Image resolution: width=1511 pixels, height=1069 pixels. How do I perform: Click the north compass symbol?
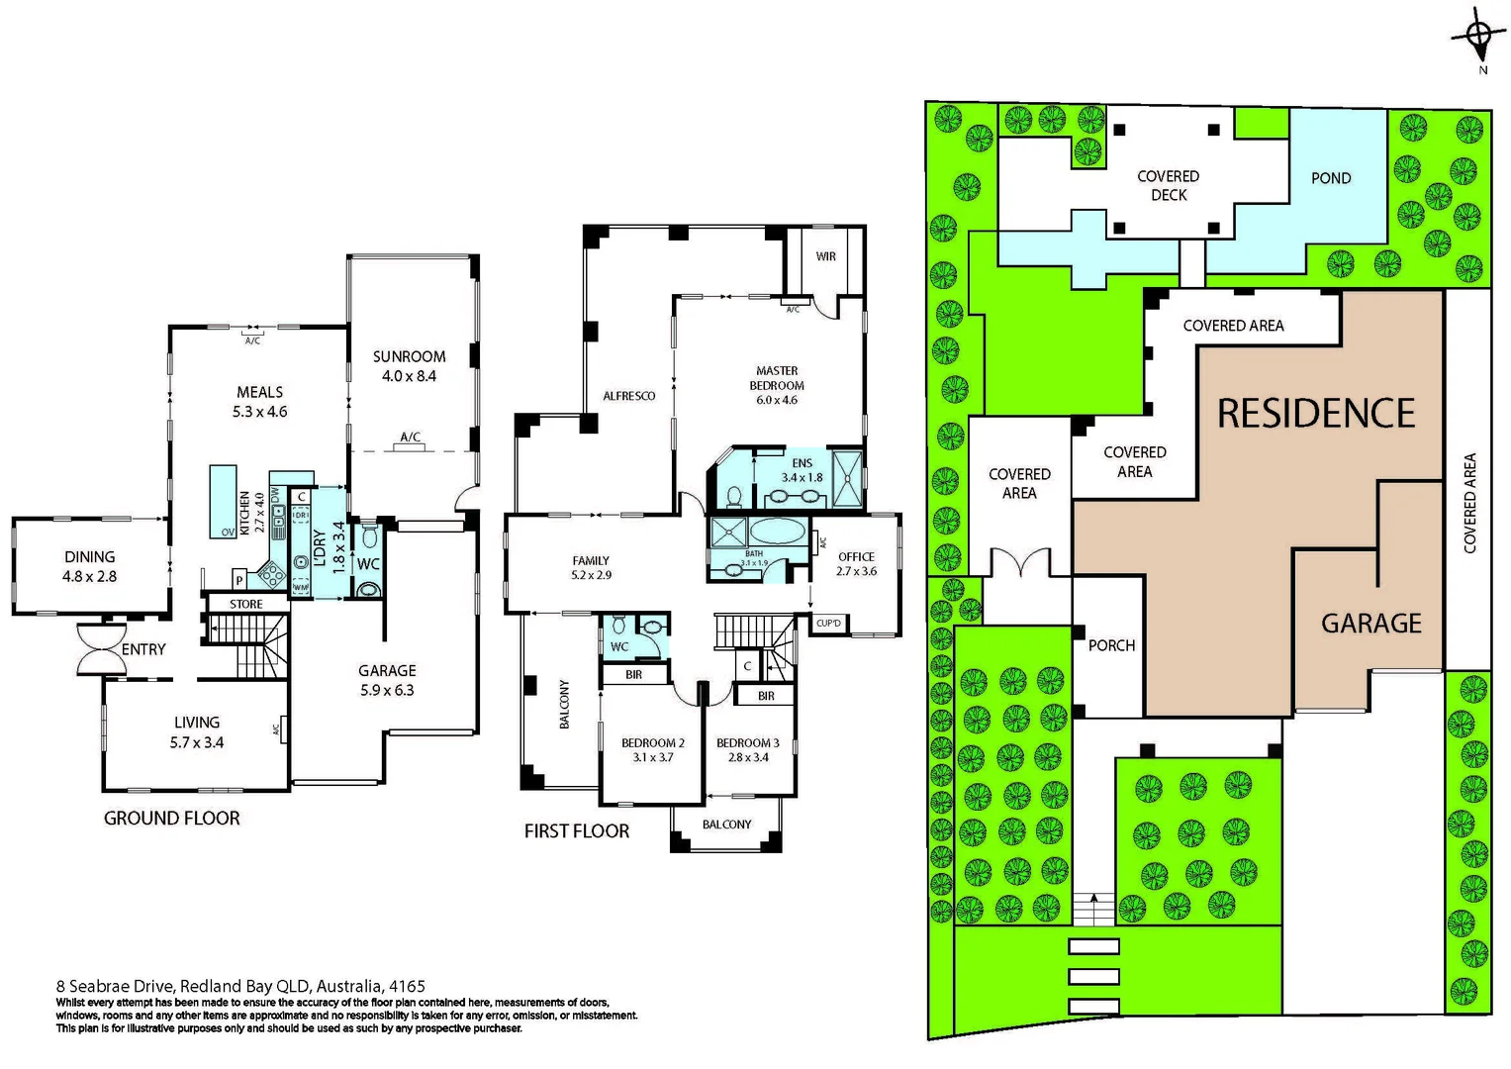tap(1478, 38)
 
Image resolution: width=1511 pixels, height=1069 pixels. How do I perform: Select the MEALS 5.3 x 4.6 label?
tap(259, 402)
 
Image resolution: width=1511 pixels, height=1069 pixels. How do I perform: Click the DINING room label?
tap(89, 566)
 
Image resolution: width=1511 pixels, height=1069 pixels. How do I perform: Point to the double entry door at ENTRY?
tap(102, 649)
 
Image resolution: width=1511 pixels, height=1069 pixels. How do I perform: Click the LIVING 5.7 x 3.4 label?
tap(197, 732)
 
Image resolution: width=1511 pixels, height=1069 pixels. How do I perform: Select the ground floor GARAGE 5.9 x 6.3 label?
tap(387, 680)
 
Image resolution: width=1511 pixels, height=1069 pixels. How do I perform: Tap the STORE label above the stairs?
tap(246, 604)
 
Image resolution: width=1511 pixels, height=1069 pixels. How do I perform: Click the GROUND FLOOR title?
tap(172, 819)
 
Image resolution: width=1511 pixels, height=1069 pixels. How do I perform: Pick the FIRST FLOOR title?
tap(577, 831)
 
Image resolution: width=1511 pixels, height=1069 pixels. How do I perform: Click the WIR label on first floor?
tap(826, 256)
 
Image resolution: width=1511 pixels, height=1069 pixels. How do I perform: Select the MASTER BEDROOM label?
tap(777, 385)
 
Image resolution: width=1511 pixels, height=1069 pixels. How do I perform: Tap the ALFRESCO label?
tap(629, 396)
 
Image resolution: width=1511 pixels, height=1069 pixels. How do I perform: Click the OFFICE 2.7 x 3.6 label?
tap(856, 563)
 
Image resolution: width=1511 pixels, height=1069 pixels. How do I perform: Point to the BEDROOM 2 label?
tap(653, 749)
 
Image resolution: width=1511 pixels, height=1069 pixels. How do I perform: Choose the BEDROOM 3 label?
tap(748, 749)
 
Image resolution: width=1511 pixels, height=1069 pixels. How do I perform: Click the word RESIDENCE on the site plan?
tap(1316, 414)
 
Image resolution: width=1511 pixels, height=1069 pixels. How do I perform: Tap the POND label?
tap(1331, 178)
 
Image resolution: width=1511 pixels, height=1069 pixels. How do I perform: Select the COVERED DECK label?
tap(1169, 185)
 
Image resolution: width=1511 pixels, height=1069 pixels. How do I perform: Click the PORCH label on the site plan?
tap(1111, 645)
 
